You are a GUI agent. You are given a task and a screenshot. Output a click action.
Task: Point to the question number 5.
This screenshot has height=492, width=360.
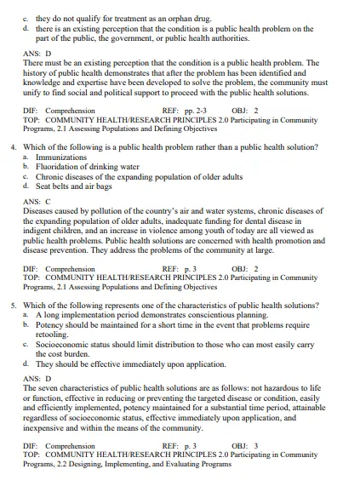pyautogui.click(x=13, y=305)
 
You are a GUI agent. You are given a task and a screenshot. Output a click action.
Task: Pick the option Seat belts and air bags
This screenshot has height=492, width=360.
pyautogui.click(x=73, y=186)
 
